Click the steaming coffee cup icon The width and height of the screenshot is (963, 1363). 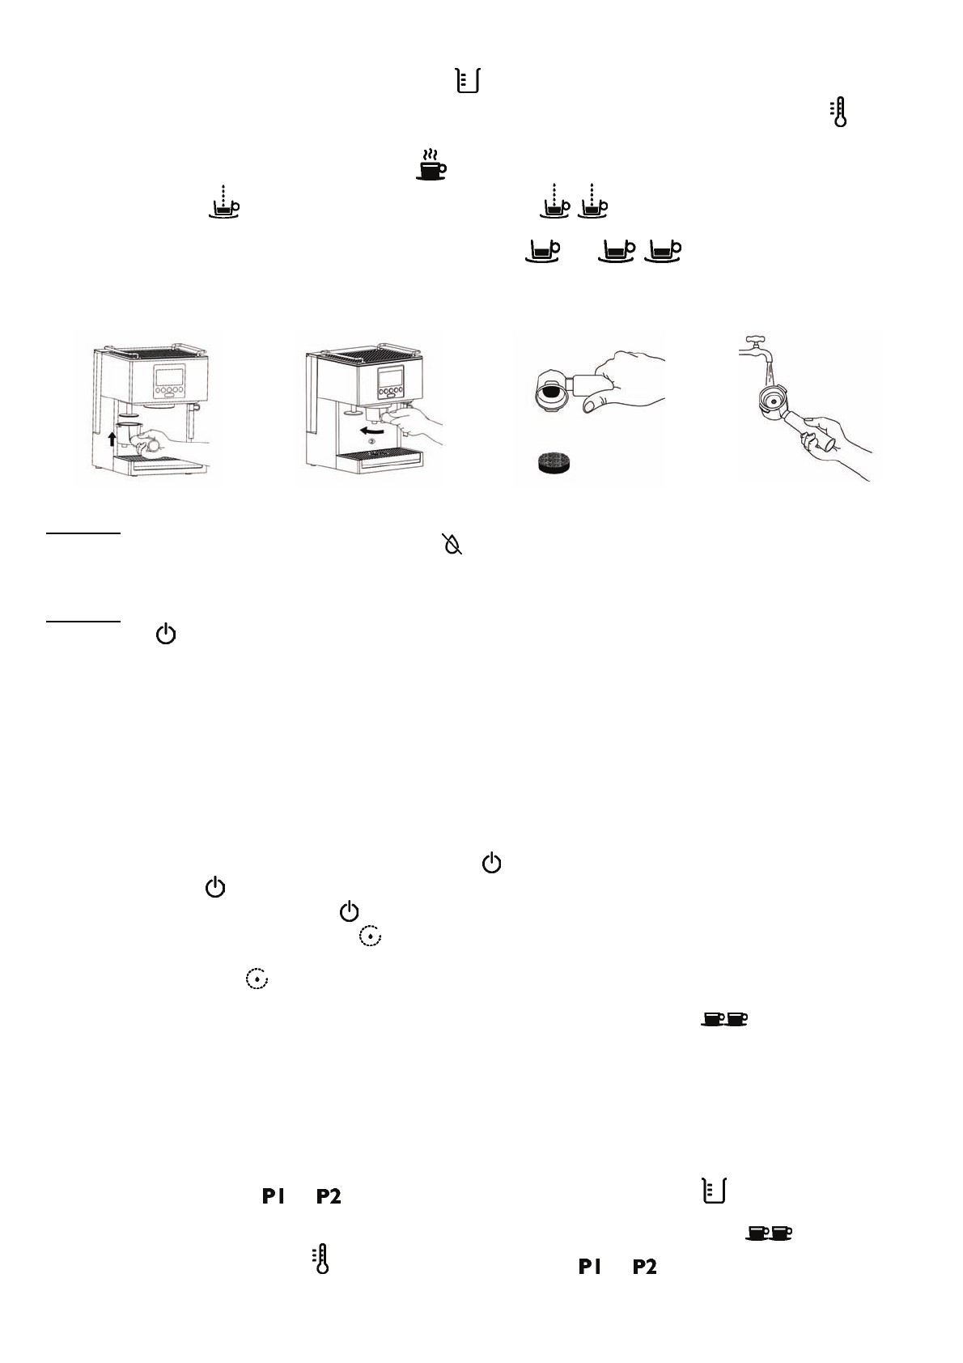coord(431,164)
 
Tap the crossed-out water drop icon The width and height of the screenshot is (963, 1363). coord(452,545)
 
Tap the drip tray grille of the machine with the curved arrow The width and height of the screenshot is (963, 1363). coord(375,456)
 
